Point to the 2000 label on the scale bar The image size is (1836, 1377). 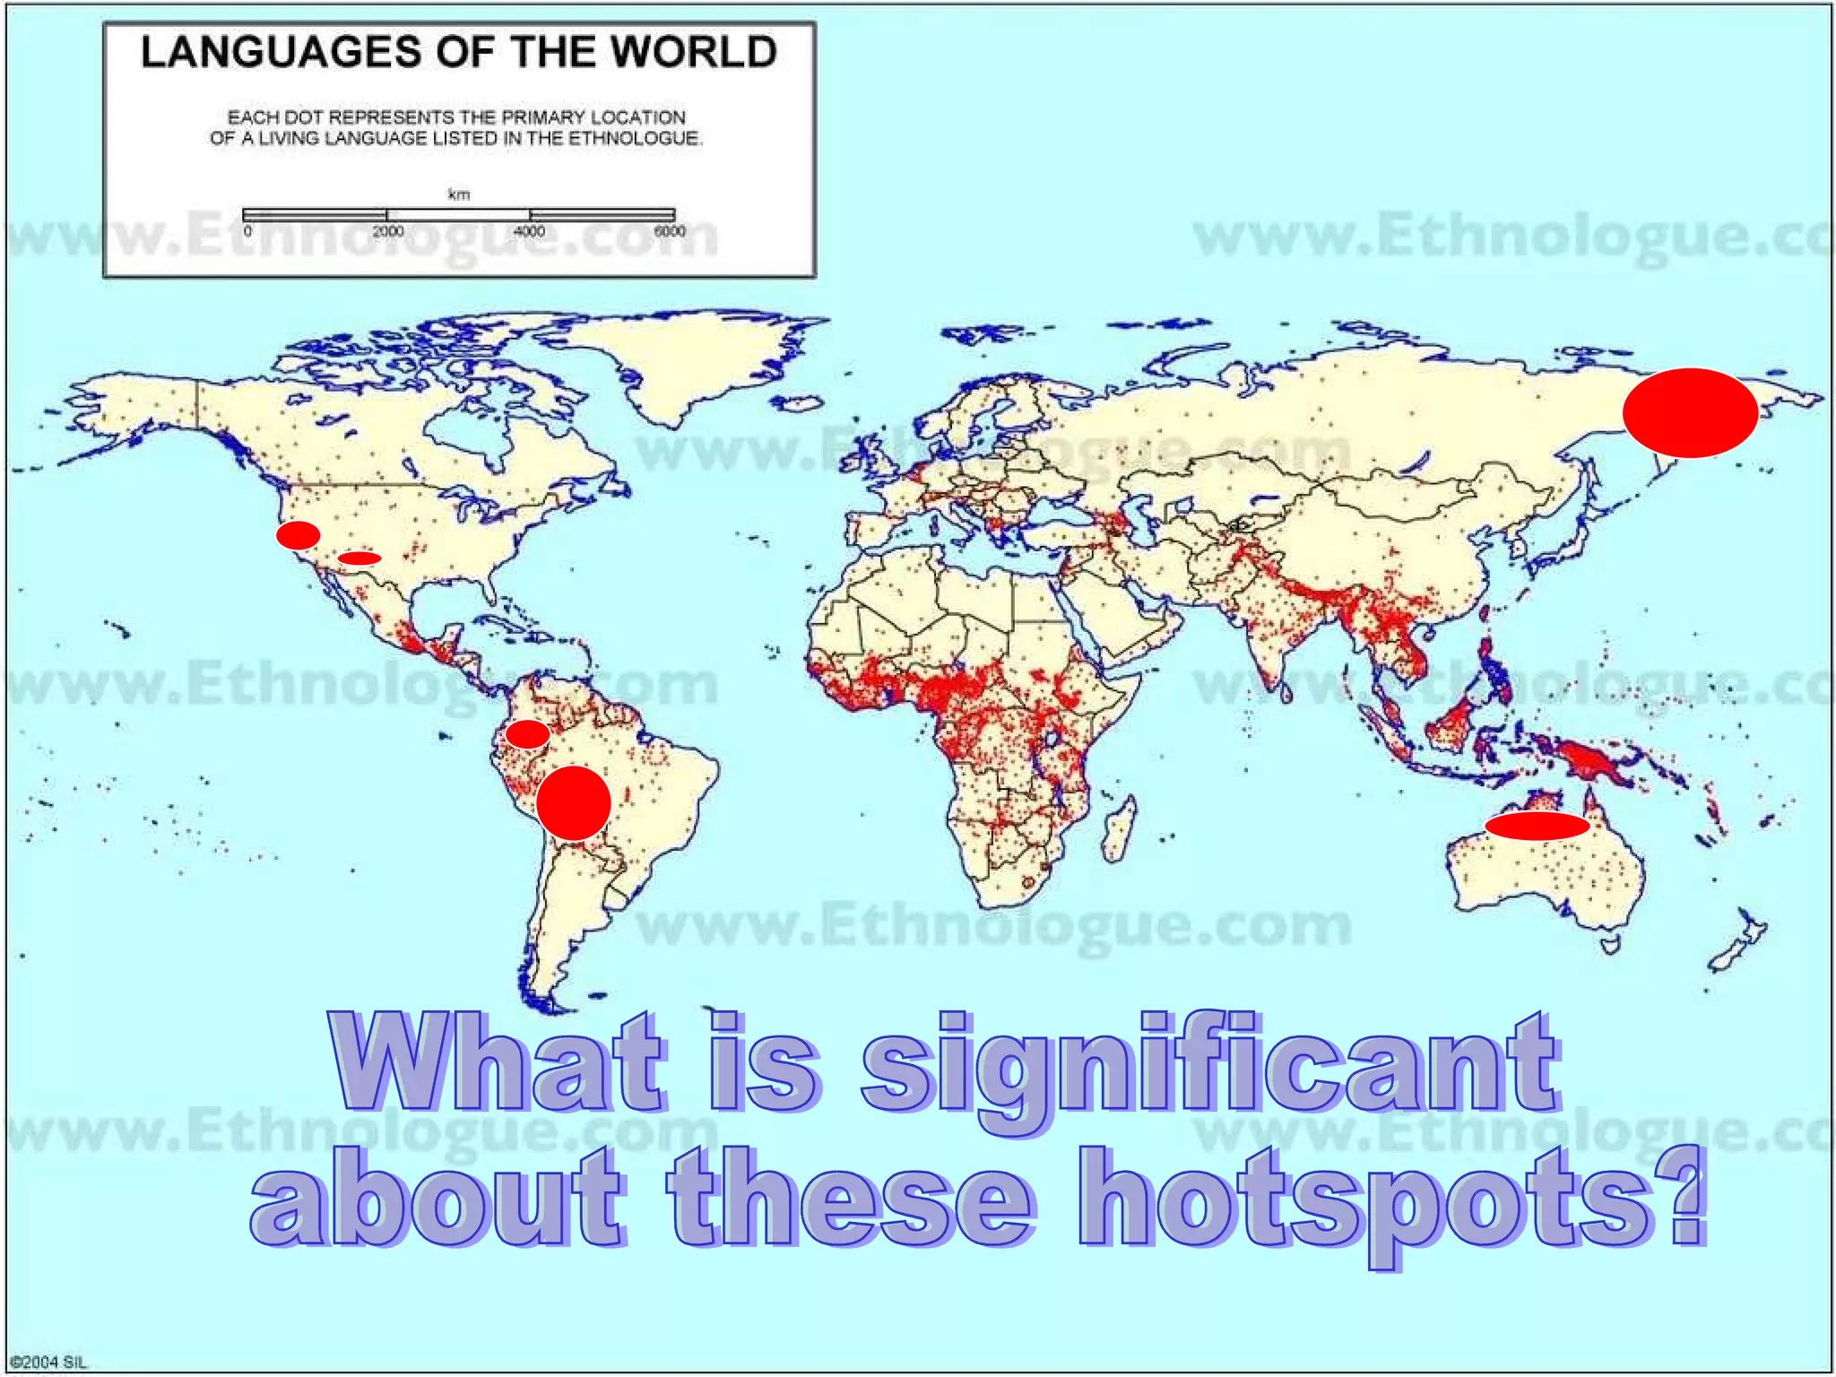(388, 231)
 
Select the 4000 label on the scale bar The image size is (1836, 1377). (529, 231)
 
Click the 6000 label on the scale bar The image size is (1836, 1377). (670, 231)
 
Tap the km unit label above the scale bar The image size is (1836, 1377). (458, 195)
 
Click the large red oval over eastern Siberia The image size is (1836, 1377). (1690, 413)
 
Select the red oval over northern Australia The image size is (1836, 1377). (1537, 826)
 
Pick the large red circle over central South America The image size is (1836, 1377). (574, 803)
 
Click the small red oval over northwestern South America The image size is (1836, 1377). (527, 734)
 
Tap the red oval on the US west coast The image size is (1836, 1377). (298, 535)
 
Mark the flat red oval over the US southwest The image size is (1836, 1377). (359, 559)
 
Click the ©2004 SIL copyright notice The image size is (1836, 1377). (49, 1363)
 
